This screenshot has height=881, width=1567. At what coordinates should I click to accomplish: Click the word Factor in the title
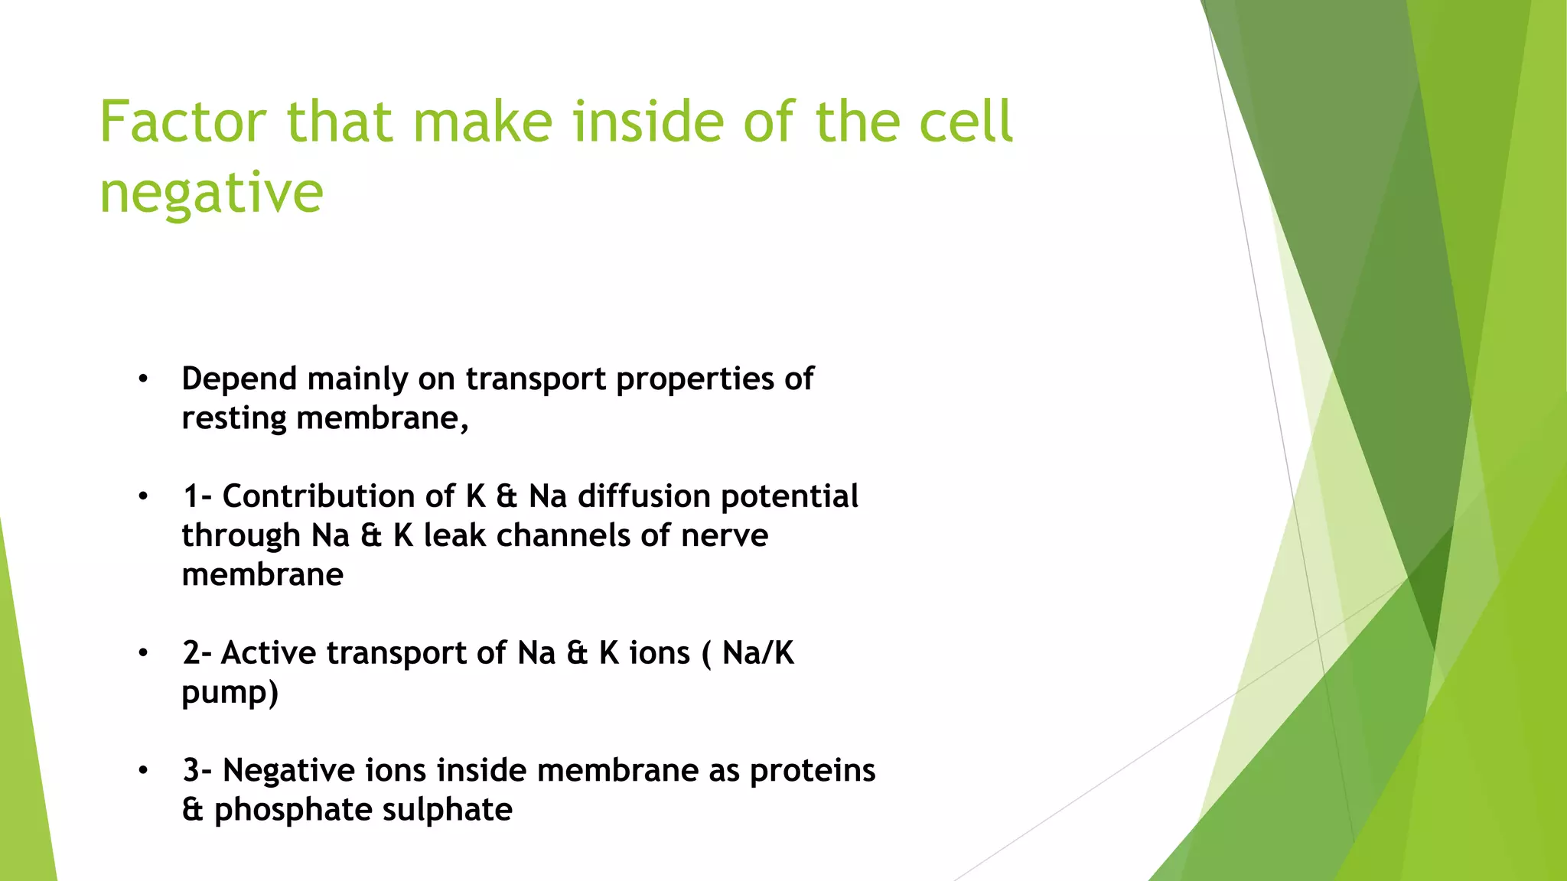click(x=183, y=122)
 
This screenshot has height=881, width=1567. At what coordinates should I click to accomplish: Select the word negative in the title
click(x=211, y=193)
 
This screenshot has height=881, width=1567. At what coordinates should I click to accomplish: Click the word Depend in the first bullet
click(x=239, y=379)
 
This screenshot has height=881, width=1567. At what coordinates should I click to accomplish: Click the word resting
click(x=233, y=419)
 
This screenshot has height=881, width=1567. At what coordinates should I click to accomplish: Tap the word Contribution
click(x=338, y=496)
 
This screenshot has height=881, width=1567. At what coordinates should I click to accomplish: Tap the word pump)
click(x=230, y=693)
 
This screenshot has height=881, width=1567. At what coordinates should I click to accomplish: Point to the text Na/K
click(x=757, y=653)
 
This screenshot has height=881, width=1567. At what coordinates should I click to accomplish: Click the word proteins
click(x=812, y=770)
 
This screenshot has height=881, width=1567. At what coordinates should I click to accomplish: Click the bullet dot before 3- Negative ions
click(x=143, y=771)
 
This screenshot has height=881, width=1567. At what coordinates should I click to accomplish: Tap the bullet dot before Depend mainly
click(x=143, y=379)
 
